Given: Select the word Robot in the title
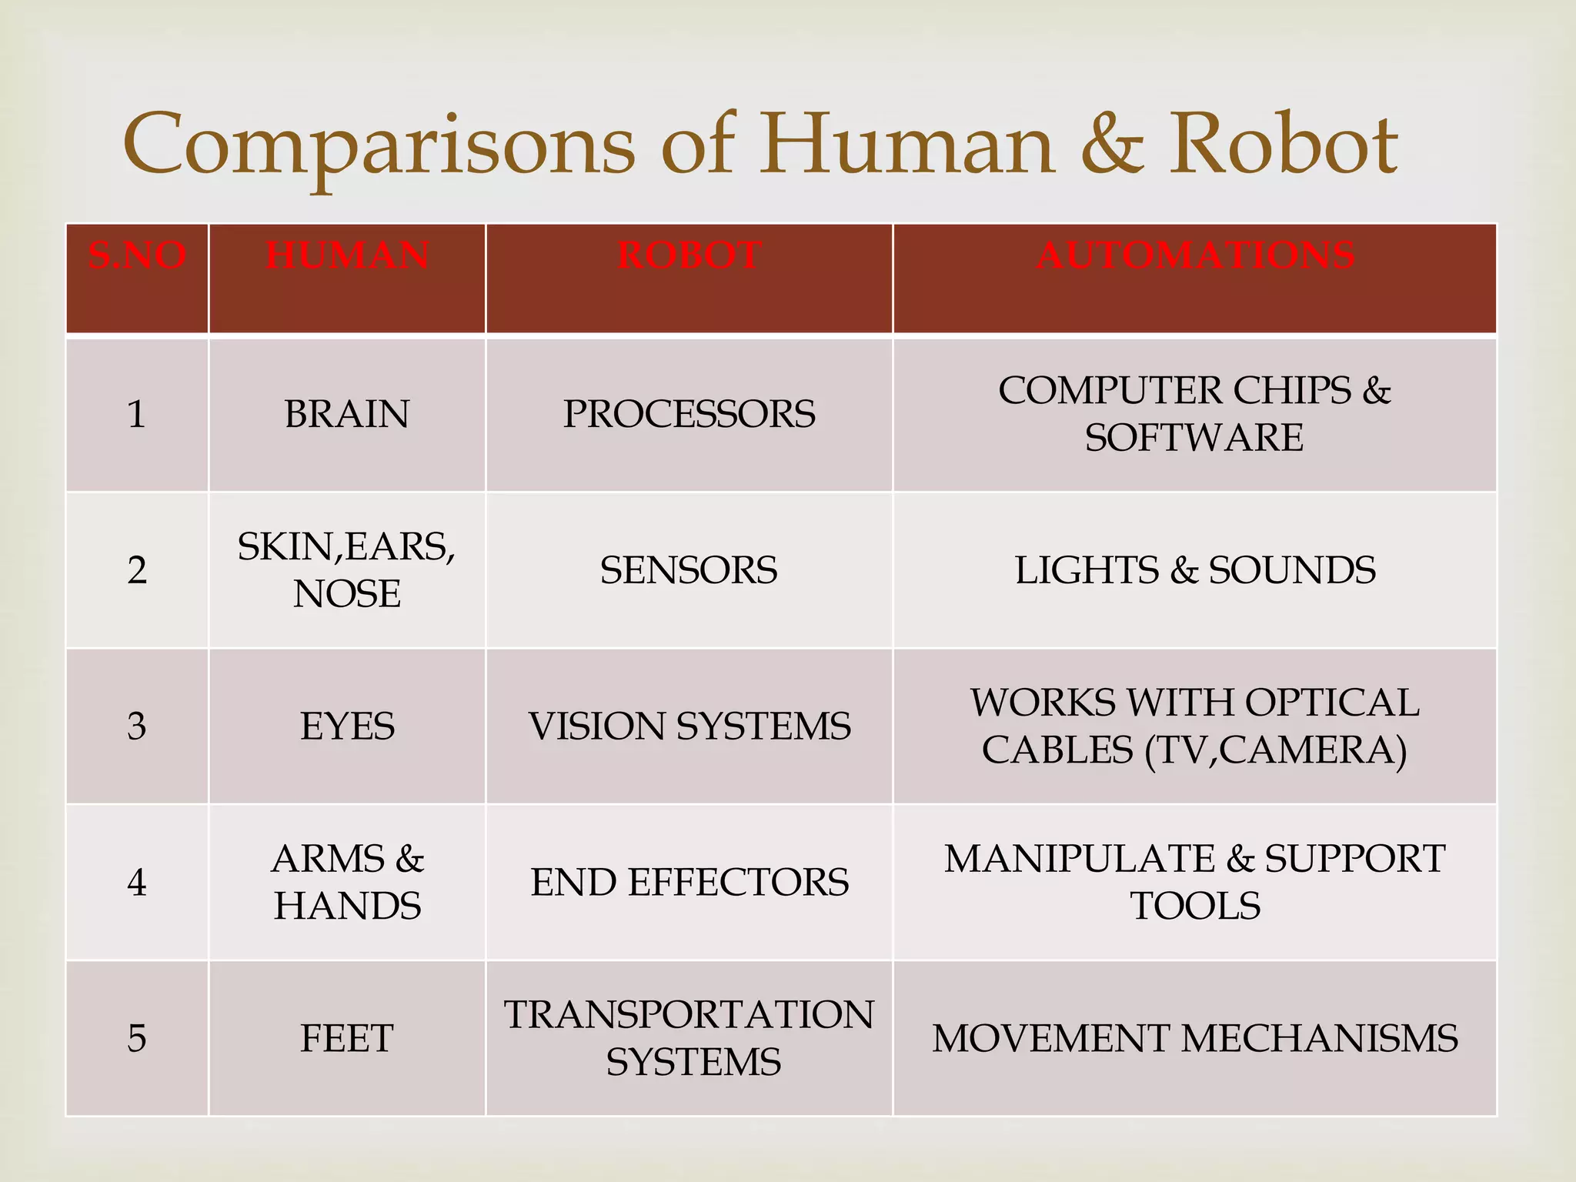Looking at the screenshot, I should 1283,145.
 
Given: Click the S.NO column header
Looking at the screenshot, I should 137,255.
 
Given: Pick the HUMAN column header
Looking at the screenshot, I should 347,255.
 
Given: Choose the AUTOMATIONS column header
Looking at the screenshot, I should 1195,255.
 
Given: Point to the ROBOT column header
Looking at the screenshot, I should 689,255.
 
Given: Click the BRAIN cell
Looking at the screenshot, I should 347,414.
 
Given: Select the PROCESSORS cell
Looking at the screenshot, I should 689,414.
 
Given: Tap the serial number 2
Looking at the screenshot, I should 137,570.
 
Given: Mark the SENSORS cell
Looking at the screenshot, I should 689,570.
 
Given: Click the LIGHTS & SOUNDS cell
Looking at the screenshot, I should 1195,570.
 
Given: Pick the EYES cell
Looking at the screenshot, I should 347,726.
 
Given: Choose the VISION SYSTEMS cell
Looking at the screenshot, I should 689,726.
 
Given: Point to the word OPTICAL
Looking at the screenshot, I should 1332,703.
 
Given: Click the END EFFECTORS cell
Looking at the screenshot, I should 689,882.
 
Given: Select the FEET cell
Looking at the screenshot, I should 347,1038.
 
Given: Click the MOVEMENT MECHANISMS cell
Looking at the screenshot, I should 1195,1038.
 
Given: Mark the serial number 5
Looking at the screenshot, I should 137,1038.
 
